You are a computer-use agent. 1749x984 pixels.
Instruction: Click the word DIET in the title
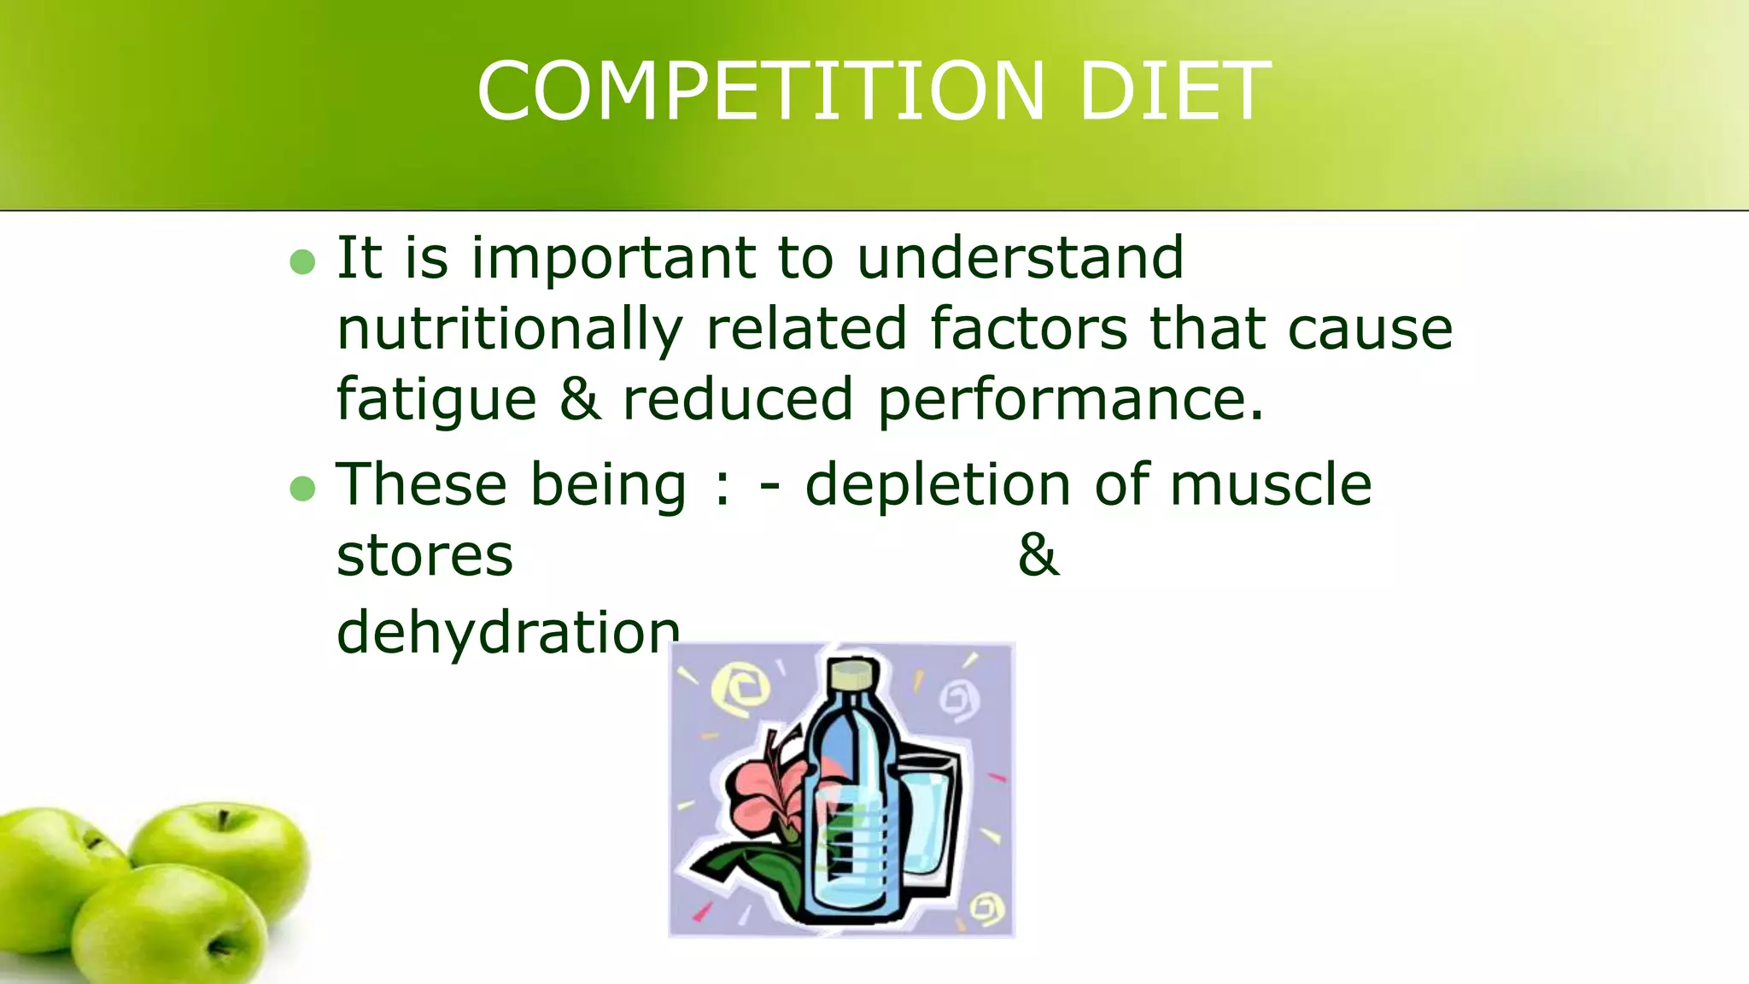pyautogui.click(x=1175, y=91)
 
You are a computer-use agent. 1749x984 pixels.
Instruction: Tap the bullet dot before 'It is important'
pyautogui.click(x=302, y=261)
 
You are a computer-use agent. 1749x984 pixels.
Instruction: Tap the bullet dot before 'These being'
pyautogui.click(x=302, y=489)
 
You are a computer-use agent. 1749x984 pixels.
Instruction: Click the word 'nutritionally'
pyautogui.click(x=510, y=330)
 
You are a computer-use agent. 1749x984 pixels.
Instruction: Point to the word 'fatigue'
pyautogui.click(x=436, y=400)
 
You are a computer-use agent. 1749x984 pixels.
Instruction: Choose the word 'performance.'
pyautogui.click(x=1070, y=400)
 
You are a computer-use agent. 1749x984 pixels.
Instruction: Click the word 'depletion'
pyautogui.click(x=938, y=483)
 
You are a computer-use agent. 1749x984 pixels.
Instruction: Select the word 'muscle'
pyautogui.click(x=1270, y=483)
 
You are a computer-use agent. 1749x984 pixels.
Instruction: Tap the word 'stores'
pyautogui.click(x=424, y=557)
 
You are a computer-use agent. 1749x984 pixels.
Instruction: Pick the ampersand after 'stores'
pyautogui.click(x=1038, y=555)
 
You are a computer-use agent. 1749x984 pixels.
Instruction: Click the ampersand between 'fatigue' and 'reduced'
pyautogui.click(x=580, y=400)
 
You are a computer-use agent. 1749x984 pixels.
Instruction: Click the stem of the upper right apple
pyautogui.click(x=223, y=821)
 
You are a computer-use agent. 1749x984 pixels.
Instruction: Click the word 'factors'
pyautogui.click(x=1028, y=330)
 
